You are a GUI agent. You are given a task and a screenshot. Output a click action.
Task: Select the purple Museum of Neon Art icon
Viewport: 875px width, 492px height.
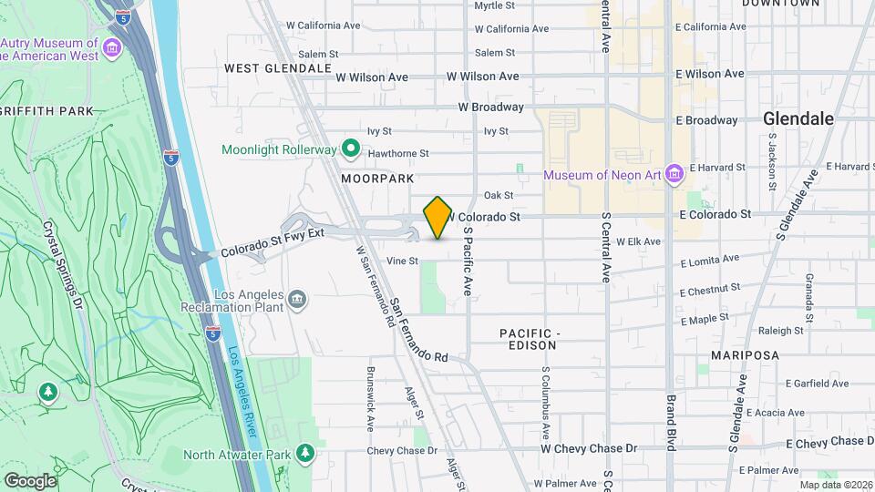tap(674, 174)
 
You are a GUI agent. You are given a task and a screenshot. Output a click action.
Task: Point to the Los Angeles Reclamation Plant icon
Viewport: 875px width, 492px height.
tap(297, 300)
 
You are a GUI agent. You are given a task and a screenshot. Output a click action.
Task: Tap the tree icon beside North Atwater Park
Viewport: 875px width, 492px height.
tap(307, 453)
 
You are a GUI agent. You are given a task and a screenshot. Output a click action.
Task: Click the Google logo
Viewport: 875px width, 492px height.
tap(30, 480)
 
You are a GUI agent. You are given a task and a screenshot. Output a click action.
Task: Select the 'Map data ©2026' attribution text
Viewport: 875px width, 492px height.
tap(834, 485)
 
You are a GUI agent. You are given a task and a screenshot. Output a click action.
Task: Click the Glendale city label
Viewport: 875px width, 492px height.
tap(798, 118)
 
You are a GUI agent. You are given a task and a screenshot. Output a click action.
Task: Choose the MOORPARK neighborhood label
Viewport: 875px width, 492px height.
tap(377, 179)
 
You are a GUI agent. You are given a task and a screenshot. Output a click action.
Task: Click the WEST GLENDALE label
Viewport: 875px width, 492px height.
tap(277, 68)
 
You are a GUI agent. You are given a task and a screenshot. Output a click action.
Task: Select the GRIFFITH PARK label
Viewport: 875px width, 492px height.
tap(46, 111)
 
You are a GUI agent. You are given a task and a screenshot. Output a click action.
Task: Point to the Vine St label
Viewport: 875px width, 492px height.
tap(402, 261)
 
